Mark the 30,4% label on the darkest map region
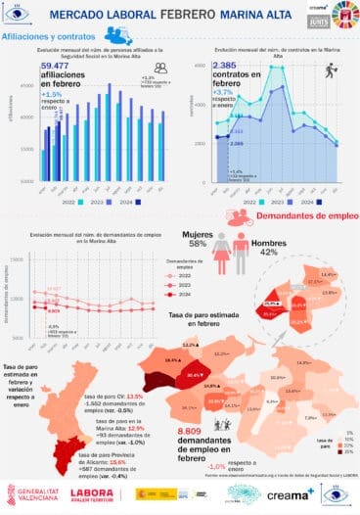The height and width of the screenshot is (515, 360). pos(194,375)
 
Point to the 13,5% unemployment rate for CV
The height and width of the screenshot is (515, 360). pos(135,397)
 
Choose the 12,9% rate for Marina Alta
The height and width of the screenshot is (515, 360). pos(136,427)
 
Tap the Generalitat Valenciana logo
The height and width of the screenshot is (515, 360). pos(35,493)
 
